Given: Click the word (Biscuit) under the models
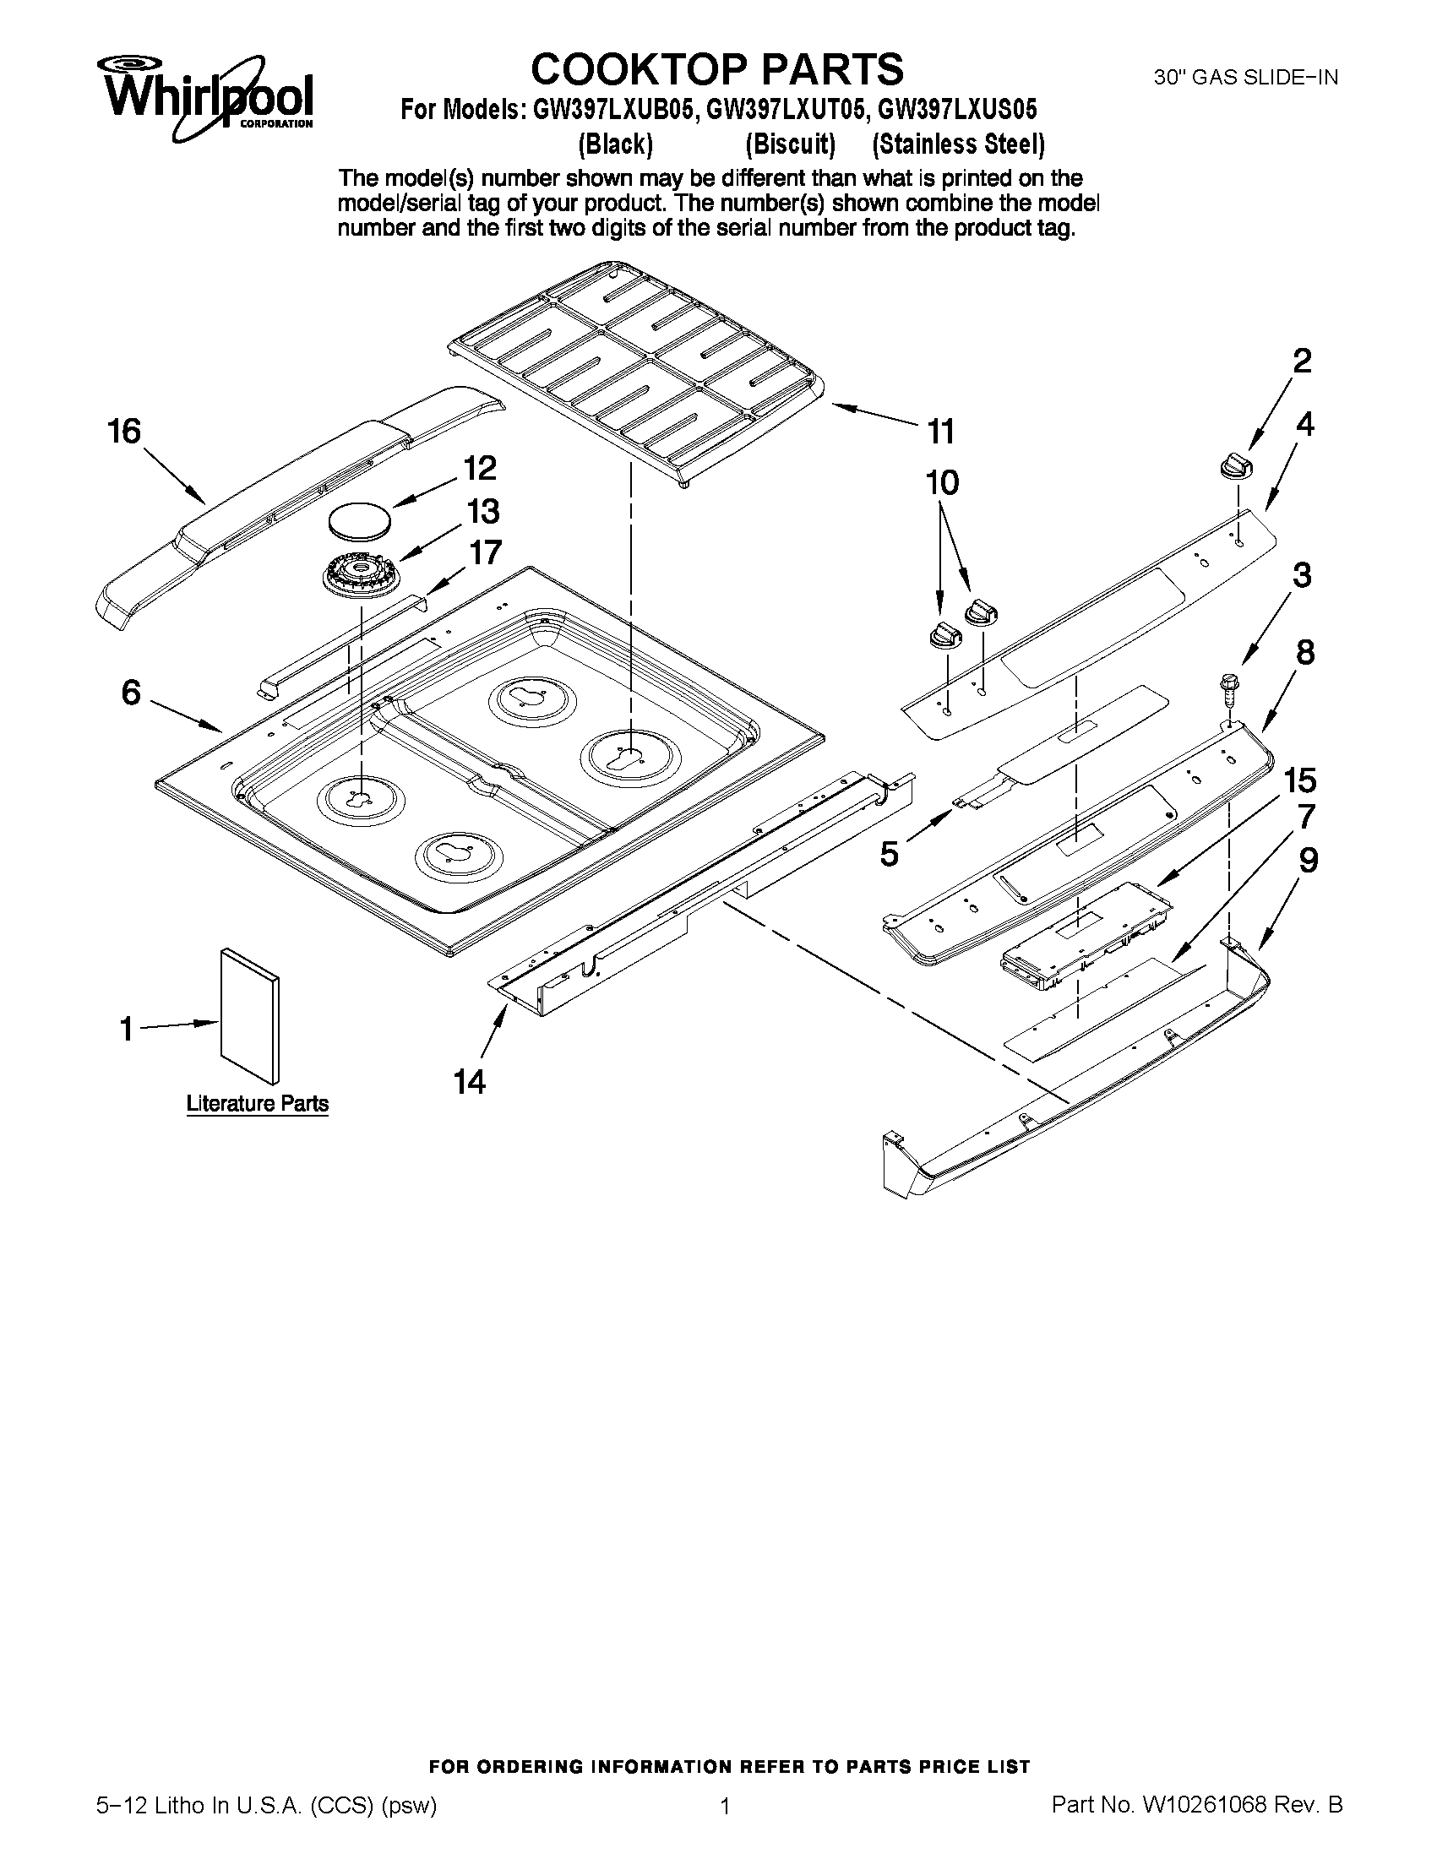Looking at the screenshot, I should point(789,144).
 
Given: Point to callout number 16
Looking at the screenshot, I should point(124,432).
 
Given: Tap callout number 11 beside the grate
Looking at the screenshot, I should point(940,432).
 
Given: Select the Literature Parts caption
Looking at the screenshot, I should point(257,1104).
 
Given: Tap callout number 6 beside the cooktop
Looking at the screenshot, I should point(130,693).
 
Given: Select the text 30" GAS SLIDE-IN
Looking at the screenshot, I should point(1245,78).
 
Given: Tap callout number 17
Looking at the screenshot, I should point(485,552).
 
